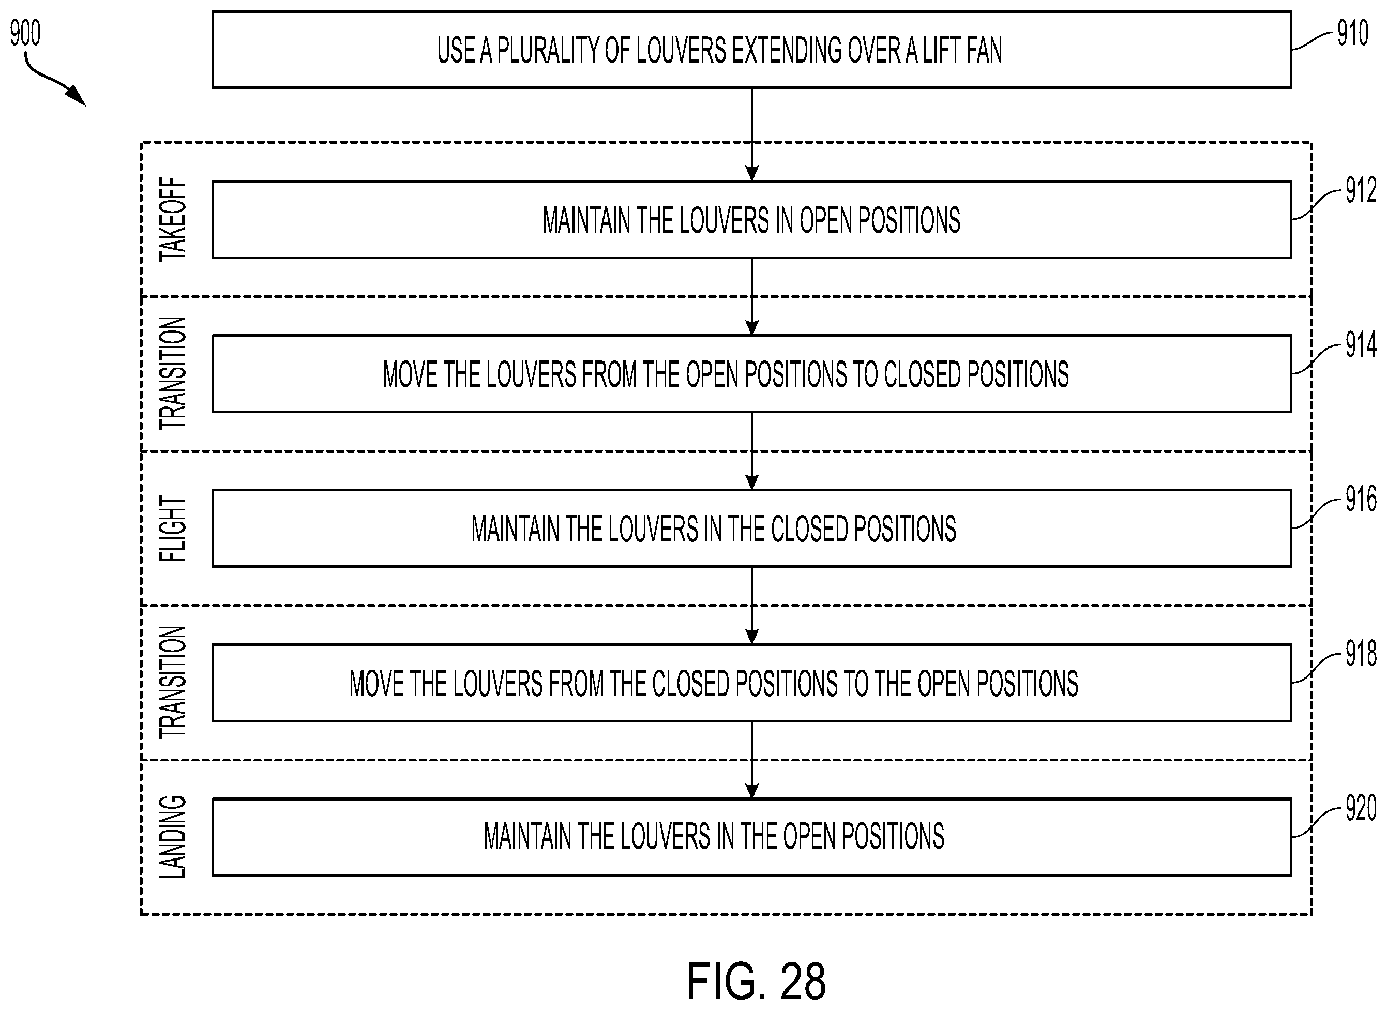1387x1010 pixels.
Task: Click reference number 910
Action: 1352,33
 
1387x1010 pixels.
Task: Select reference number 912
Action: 1361,190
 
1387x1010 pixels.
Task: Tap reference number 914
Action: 1361,345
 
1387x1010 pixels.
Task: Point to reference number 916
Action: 1361,500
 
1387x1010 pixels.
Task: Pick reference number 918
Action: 1361,654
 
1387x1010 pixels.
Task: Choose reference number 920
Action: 1361,809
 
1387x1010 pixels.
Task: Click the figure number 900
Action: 25,33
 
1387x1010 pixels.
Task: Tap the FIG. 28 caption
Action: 756,981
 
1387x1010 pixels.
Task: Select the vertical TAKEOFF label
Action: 172,219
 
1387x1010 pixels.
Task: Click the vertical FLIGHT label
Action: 172,529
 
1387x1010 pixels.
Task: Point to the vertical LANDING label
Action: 172,837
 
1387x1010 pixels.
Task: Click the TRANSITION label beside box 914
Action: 172,373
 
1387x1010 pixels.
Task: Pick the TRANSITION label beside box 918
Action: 172,682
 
